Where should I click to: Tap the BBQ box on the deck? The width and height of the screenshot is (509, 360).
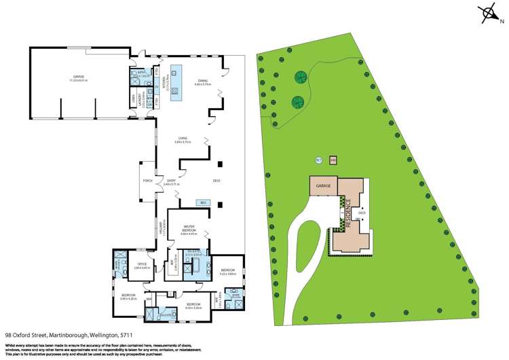tap(202, 202)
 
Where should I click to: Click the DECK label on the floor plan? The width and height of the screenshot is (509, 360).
tap(216, 180)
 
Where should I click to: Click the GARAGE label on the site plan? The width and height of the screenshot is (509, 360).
tap(323, 185)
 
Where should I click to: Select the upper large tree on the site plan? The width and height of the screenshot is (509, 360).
tap(299, 77)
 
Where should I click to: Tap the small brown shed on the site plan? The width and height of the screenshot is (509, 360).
tap(333, 161)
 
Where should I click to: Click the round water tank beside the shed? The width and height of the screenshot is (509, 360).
tap(318, 160)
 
